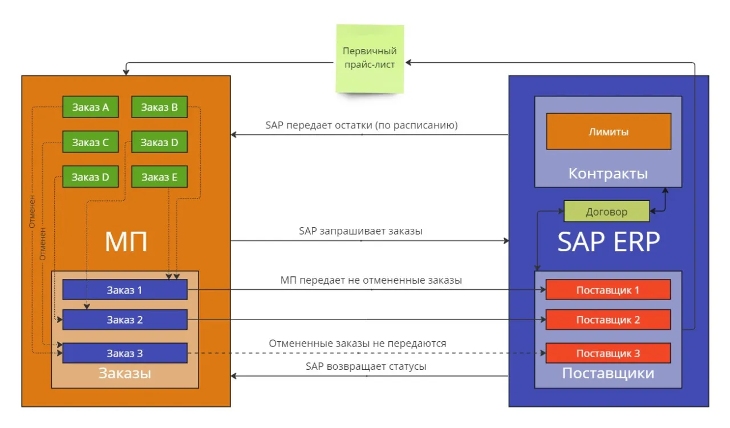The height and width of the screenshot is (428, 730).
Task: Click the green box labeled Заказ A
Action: [90, 107]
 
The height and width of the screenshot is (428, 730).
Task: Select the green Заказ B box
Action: [159, 107]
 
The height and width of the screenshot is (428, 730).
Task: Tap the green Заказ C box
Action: [90, 142]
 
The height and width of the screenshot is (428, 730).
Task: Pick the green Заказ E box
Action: [159, 177]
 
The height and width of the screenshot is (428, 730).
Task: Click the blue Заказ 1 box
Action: [124, 290]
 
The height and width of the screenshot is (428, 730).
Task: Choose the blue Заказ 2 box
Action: [124, 320]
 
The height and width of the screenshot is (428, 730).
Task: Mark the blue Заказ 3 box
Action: [124, 353]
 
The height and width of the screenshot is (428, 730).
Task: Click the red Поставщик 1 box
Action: [607, 290]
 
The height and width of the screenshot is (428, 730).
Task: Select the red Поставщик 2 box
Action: [607, 320]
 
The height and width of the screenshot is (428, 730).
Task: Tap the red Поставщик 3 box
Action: [607, 353]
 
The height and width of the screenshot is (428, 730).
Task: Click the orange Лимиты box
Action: [608, 132]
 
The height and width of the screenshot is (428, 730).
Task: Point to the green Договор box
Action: [606, 212]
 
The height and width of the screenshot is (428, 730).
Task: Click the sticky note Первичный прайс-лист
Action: [370, 58]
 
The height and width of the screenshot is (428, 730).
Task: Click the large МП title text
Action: [126, 242]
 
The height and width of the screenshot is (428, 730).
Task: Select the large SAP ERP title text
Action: [608, 242]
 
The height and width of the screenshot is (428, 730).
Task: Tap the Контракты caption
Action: [608, 173]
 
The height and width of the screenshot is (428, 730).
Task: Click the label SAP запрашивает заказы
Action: [360, 231]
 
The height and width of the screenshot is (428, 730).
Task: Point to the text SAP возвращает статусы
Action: [366, 366]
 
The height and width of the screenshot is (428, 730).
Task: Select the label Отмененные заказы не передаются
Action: [358, 344]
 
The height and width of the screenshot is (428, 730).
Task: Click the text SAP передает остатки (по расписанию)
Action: [362, 125]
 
